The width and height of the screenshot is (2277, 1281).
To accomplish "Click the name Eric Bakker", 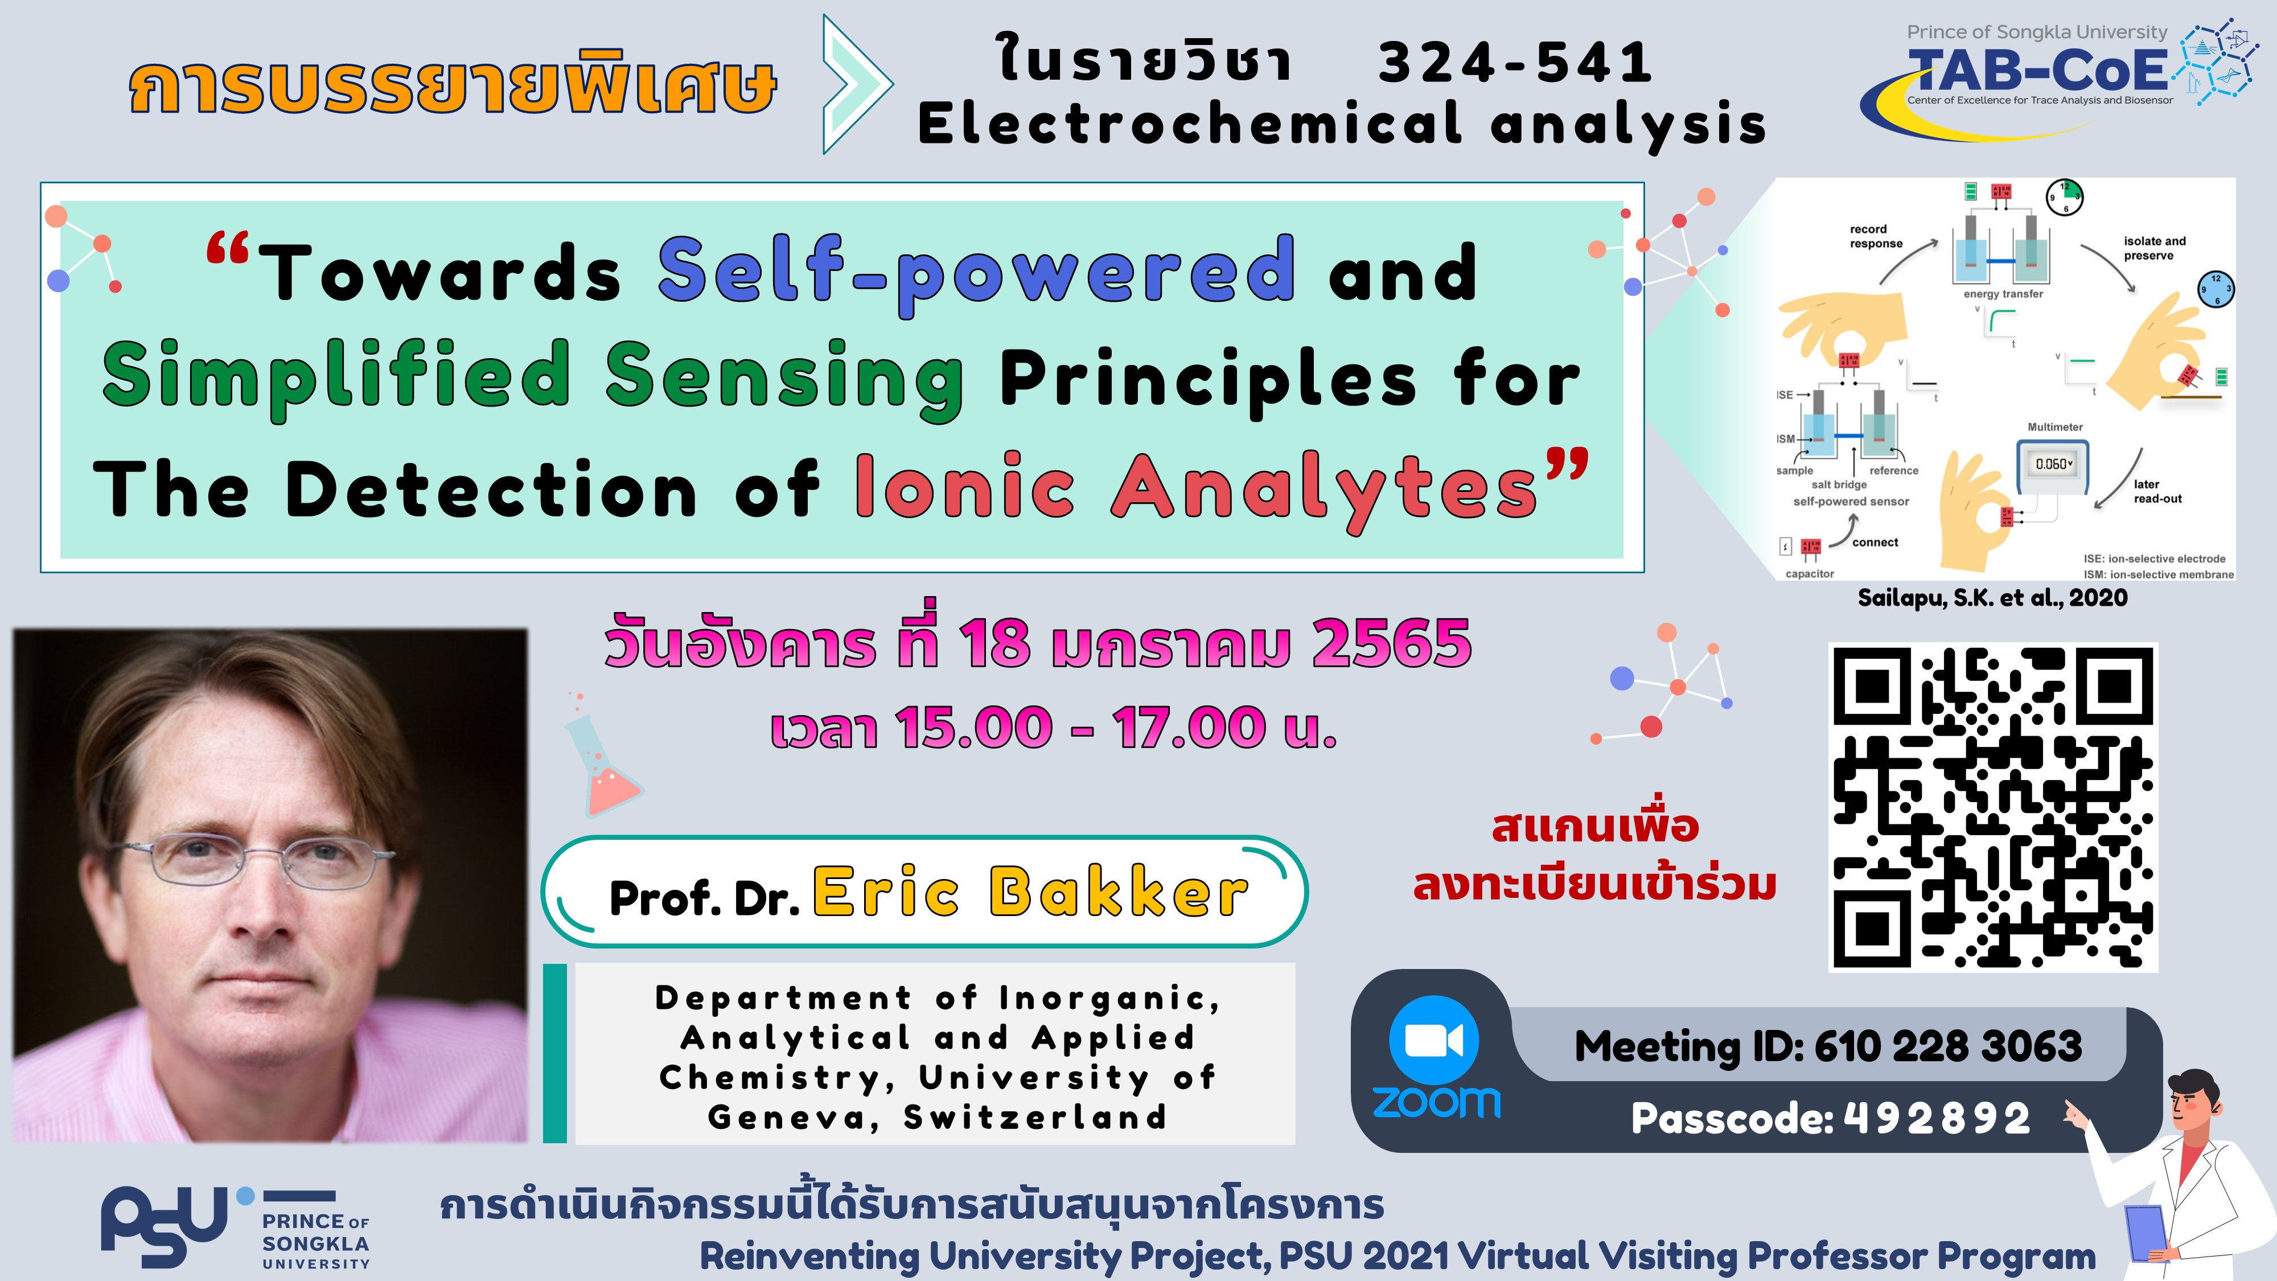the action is point(1031,892).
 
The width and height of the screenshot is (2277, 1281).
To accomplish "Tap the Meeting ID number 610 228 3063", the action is point(1948,1047).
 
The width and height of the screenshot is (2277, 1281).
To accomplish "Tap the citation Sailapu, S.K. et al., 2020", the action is point(1992,598).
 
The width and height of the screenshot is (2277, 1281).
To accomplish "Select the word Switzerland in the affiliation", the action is point(1035,1118).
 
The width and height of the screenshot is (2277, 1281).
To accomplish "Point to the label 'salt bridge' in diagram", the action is point(1839,485).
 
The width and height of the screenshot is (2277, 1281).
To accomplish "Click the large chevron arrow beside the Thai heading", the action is point(857,85).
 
